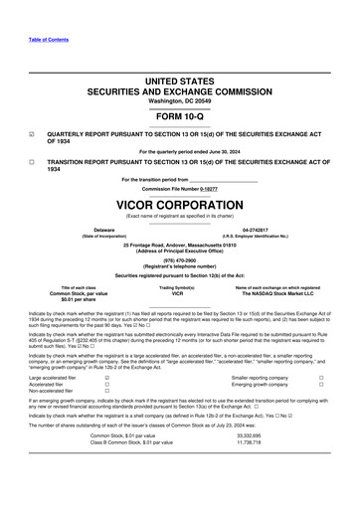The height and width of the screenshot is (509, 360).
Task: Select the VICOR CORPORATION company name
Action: click(179, 197)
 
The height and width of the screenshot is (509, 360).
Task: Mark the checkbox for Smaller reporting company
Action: click(321, 378)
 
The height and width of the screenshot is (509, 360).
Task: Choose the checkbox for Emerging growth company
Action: click(321, 385)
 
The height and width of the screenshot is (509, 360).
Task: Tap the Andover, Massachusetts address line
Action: click(179, 242)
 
